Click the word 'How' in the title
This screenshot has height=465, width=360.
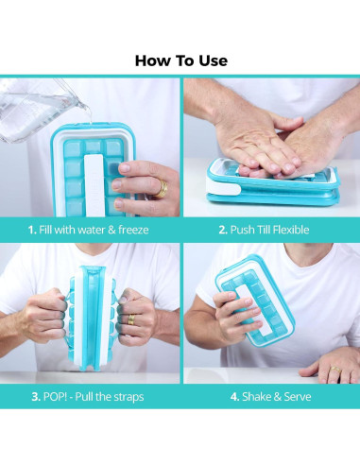click(x=149, y=60)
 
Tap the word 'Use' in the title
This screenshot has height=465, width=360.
click(x=213, y=60)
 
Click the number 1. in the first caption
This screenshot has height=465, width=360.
click(x=32, y=230)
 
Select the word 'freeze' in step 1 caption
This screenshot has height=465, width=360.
click(x=133, y=230)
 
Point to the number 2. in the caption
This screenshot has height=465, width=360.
click(x=223, y=230)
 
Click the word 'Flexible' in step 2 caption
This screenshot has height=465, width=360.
click(x=290, y=230)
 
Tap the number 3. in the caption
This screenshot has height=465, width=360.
click(x=36, y=397)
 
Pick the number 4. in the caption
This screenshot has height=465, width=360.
click(x=234, y=397)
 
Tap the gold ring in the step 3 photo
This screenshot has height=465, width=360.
click(x=131, y=319)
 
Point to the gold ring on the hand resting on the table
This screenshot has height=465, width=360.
click(x=335, y=370)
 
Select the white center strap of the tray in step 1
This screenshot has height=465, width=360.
click(x=94, y=185)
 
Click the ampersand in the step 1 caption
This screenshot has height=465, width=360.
click(x=111, y=230)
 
